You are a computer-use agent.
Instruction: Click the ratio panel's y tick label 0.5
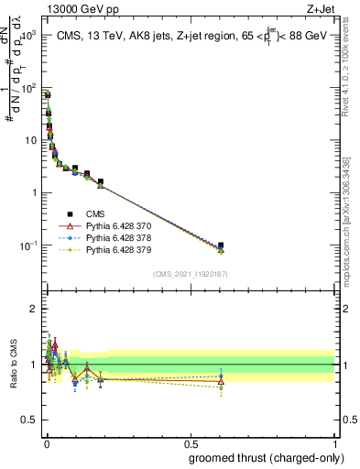pos(29,420)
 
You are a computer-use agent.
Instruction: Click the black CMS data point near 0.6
pos(221,245)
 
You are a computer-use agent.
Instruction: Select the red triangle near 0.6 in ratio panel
pos(221,381)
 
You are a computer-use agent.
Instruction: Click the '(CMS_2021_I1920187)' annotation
pos(190,274)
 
